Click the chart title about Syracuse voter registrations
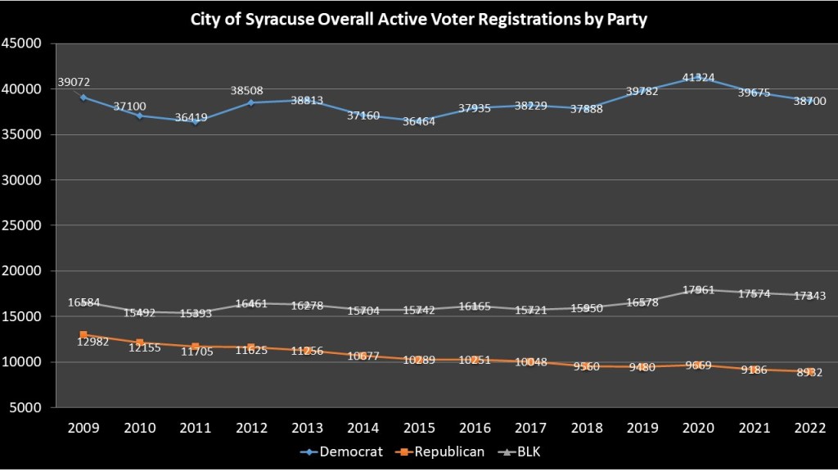(419, 20)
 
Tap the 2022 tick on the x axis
(810, 429)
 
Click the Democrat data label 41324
(698, 78)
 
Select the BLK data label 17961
(698, 289)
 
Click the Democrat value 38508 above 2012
(250, 92)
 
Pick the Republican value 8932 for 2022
(810, 373)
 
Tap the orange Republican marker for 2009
(83, 334)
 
